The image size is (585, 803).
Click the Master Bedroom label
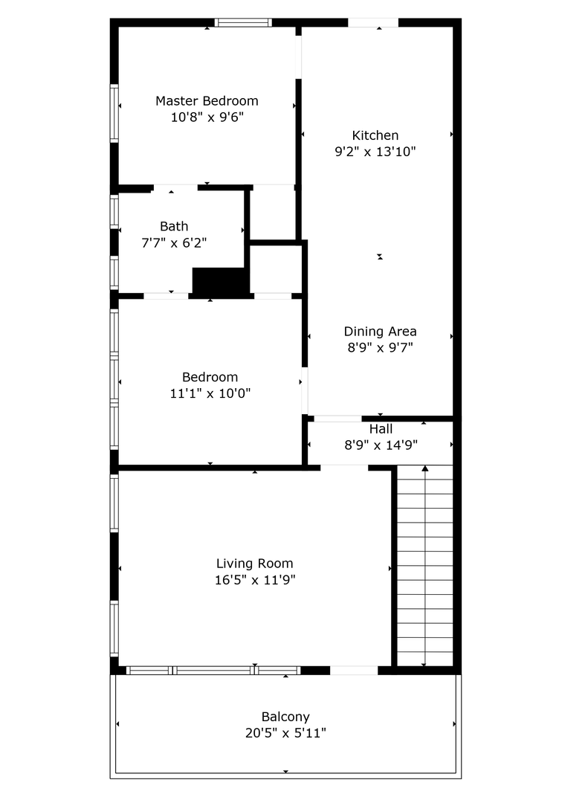point(207,101)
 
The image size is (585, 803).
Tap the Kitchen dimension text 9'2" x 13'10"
point(375,152)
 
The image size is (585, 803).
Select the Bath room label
point(174,226)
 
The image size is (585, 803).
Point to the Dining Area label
point(381,332)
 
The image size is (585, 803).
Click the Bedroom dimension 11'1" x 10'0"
point(210,393)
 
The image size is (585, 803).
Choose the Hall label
point(381,429)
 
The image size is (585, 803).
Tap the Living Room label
point(255,564)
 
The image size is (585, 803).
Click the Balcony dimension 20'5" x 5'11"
point(285,733)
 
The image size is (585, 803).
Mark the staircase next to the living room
point(425,566)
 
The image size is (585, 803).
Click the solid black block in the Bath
point(221,282)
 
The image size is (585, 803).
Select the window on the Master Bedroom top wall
point(243,22)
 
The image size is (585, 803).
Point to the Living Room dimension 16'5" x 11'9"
point(255,580)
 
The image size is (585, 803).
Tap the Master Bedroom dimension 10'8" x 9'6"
point(207,117)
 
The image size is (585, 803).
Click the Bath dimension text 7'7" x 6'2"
point(174,242)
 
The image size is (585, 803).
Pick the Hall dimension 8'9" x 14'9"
point(381,445)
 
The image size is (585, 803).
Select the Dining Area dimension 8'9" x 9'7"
point(381,348)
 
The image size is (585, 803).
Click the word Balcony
point(285,717)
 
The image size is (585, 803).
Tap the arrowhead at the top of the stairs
point(424,468)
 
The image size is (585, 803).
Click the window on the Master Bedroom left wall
point(114,113)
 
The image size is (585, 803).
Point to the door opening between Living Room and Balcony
point(354,671)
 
